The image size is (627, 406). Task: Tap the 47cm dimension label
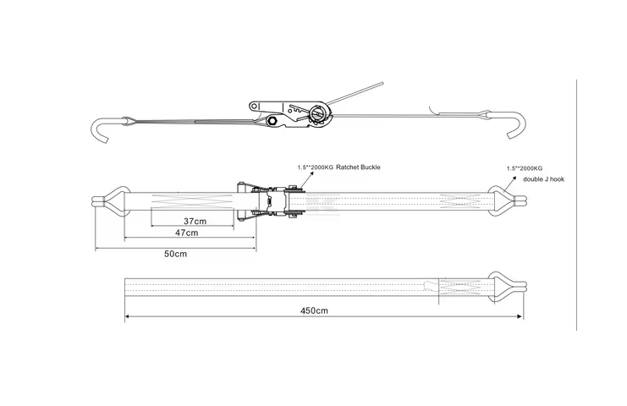click(x=187, y=233)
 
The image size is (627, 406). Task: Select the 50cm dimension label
click(x=175, y=254)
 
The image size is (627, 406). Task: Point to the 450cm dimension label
click(x=314, y=310)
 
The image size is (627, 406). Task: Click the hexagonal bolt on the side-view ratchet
click(x=275, y=123)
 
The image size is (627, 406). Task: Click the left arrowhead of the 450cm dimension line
click(x=128, y=317)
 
